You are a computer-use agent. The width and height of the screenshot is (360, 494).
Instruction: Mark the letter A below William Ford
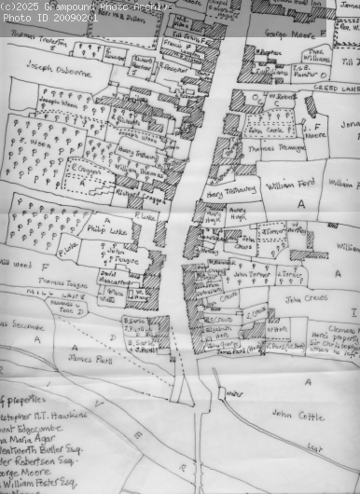coord(300,202)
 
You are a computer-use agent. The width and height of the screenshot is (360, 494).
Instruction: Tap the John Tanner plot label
coord(251,275)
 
